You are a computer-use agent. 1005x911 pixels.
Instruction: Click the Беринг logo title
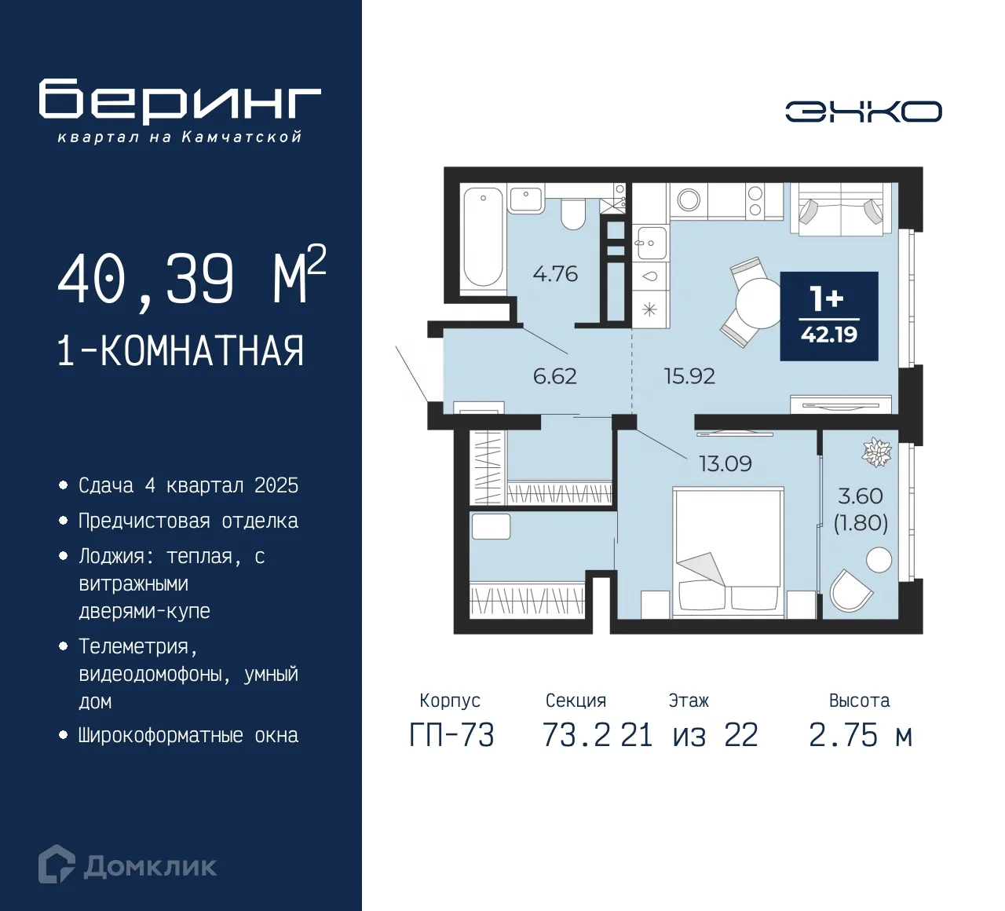pyautogui.click(x=180, y=101)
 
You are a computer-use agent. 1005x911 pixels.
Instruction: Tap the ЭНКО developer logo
pyautogui.click(x=863, y=112)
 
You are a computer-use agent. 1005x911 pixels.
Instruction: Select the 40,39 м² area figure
pyautogui.click(x=192, y=278)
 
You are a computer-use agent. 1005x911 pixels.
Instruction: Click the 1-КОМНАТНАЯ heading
pyautogui.click(x=181, y=351)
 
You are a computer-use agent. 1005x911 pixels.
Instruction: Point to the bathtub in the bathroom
pyautogui.click(x=482, y=236)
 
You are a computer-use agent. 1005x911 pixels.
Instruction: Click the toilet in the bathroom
pyautogui.click(x=573, y=214)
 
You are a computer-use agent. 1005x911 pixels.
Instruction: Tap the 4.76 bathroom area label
pyautogui.click(x=554, y=274)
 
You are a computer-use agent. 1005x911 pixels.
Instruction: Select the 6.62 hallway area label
pyautogui.click(x=554, y=376)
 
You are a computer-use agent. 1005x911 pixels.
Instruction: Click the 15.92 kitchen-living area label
pyautogui.click(x=689, y=376)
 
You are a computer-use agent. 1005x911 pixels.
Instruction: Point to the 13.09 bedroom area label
pyautogui.click(x=725, y=464)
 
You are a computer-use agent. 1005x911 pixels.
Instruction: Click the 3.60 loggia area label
pyautogui.click(x=861, y=496)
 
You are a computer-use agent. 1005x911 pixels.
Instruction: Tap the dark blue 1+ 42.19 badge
pyautogui.click(x=828, y=316)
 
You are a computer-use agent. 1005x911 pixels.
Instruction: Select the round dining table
pyautogui.click(x=757, y=303)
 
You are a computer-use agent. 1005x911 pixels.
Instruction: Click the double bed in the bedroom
pyautogui.click(x=728, y=549)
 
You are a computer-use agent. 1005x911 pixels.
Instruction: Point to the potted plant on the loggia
pyautogui.click(x=877, y=452)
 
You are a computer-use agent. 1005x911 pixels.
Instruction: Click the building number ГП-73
pyautogui.click(x=451, y=736)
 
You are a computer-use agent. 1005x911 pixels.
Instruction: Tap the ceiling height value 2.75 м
pyautogui.click(x=860, y=736)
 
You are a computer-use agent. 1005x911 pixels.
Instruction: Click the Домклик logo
pyautogui.click(x=128, y=865)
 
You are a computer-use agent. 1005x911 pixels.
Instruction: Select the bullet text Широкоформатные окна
pyautogui.click(x=188, y=736)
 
